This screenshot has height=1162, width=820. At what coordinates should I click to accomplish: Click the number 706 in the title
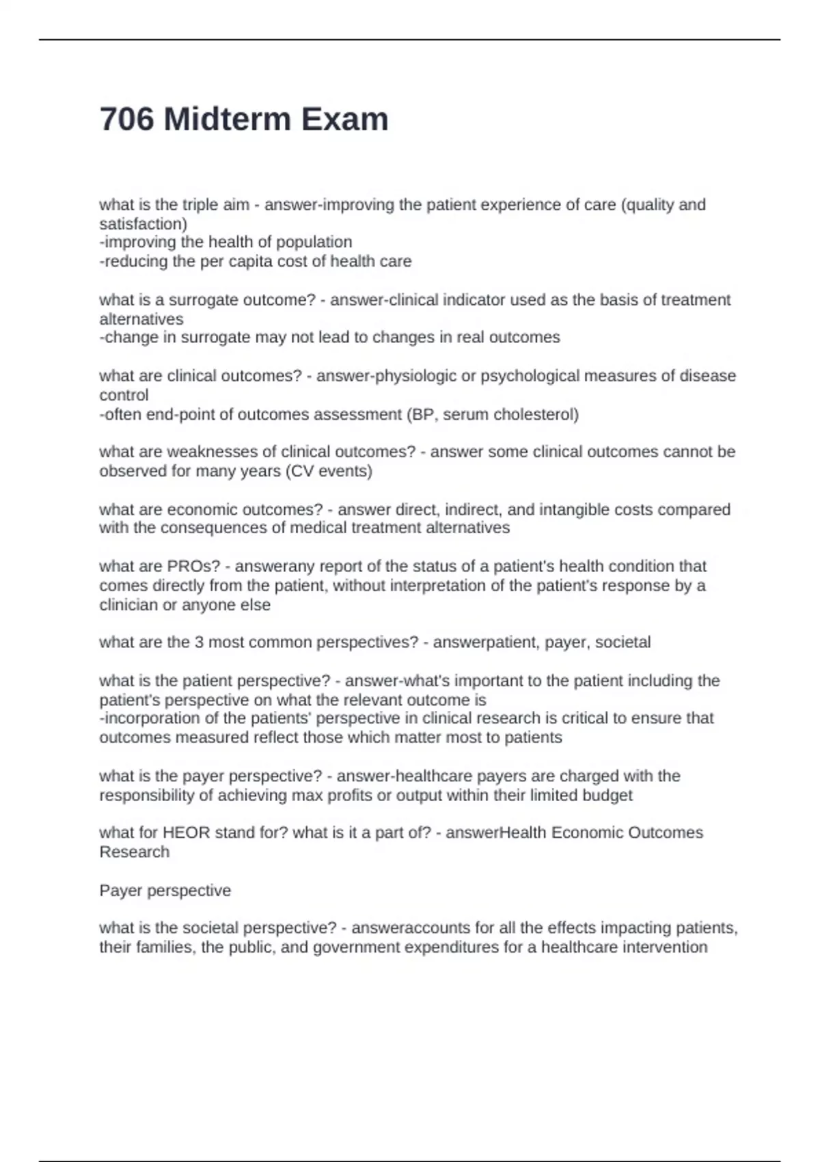(127, 120)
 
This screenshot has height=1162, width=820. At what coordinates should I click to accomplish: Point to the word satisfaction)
(143, 224)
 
